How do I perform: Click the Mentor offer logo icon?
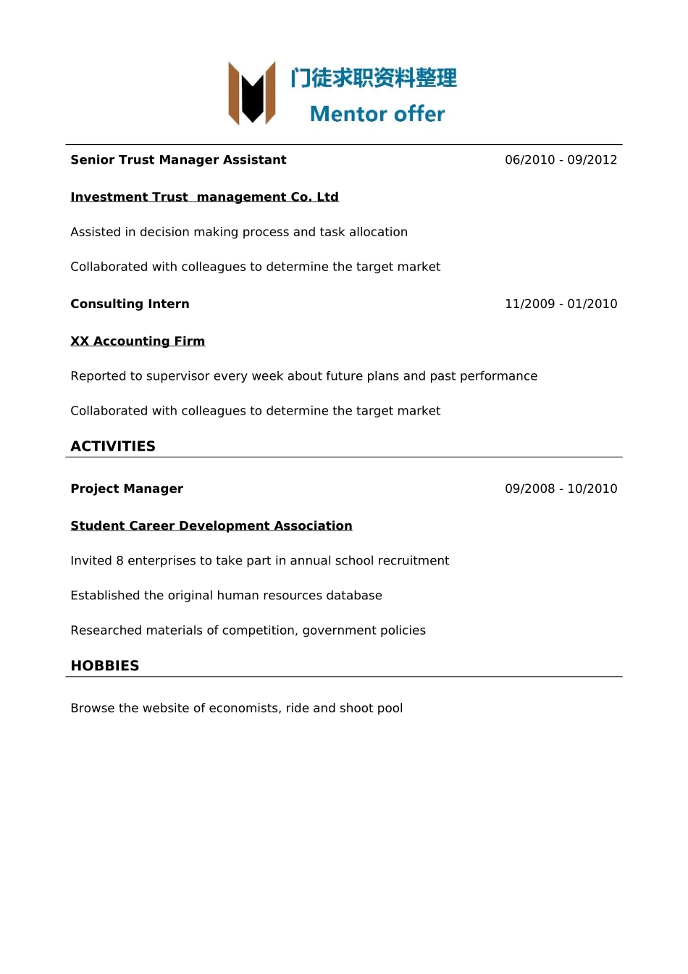[252, 93]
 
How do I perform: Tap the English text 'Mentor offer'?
[377, 114]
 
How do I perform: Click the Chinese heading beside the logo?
[374, 78]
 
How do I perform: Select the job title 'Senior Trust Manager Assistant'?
[178, 160]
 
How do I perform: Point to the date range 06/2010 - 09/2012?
[561, 160]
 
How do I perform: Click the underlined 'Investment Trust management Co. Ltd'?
[204, 197]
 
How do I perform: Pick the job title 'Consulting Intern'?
[130, 304]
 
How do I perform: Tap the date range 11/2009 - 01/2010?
[561, 304]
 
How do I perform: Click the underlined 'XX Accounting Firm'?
[138, 341]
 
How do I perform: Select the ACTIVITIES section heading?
[113, 446]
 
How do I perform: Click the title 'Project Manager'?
[127, 489]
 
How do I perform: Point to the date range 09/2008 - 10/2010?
[561, 489]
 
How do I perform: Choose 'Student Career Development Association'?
[211, 526]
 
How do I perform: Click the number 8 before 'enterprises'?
[119, 561]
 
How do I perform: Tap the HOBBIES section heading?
[105, 666]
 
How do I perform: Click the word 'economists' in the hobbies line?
[243, 708]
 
